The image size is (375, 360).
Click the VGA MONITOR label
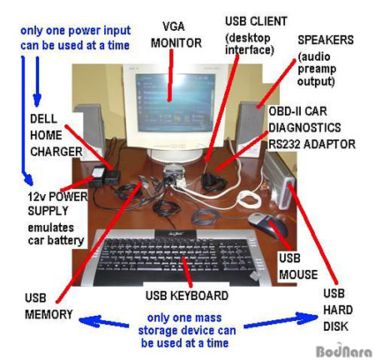(176, 35)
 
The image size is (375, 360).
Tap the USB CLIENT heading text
(256, 22)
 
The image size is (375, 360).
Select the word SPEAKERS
(326, 40)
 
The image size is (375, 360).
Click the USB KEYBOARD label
(187, 296)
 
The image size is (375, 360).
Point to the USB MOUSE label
(298, 267)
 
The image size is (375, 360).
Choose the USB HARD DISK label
(337, 310)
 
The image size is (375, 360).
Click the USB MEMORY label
(48, 307)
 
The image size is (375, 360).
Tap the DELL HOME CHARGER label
(56, 135)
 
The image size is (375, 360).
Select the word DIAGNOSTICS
(304, 127)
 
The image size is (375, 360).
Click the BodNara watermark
(344, 352)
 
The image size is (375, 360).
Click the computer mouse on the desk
(266, 224)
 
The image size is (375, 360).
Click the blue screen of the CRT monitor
(175, 102)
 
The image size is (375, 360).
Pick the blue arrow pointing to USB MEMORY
(104, 322)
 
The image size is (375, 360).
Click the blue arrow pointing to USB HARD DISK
(281, 320)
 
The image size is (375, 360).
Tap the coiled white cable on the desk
(248, 198)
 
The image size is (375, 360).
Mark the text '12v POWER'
(57, 197)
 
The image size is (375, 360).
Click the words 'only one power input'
(76, 30)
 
